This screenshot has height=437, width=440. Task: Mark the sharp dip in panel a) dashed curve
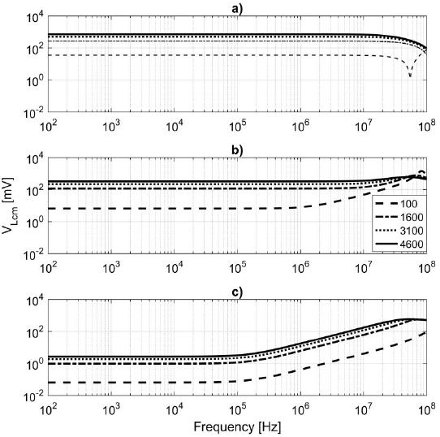coord(410,76)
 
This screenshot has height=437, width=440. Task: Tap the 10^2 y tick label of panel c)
coord(32,332)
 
